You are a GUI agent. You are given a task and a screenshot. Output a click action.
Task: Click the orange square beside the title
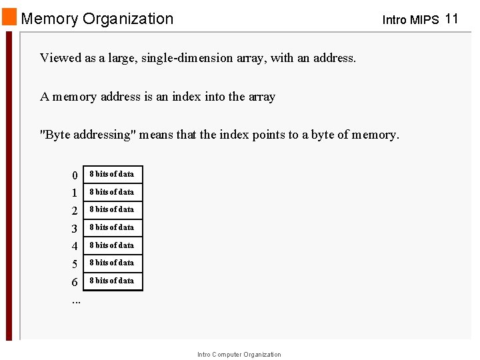(9, 17)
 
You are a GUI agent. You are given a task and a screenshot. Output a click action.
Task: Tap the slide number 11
(451, 19)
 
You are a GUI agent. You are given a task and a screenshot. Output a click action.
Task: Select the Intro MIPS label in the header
(410, 20)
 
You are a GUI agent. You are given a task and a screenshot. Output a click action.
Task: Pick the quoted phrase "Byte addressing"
(88, 135)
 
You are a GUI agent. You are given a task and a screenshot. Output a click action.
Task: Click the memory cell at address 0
(112, 175)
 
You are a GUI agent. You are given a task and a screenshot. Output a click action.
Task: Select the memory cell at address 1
(112, 192)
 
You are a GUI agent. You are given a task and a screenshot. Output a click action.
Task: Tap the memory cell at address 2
(112, 210)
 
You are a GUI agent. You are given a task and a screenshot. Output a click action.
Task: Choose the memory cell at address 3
(112, 228)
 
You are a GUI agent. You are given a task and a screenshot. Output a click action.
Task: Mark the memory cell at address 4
(112, 245)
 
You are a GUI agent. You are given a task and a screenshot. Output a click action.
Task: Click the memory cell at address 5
(112, 263)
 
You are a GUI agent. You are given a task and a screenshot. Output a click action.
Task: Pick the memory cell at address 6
(112, 281)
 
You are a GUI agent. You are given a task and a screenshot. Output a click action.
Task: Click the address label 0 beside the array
(75, 175)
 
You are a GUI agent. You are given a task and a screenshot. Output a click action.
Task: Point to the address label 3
(75, 229)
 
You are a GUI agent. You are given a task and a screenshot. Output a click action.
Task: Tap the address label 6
(75, 283)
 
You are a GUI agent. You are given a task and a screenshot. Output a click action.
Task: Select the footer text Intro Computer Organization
(239, 355)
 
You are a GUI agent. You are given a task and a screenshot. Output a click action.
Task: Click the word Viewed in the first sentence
(61, 58)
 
